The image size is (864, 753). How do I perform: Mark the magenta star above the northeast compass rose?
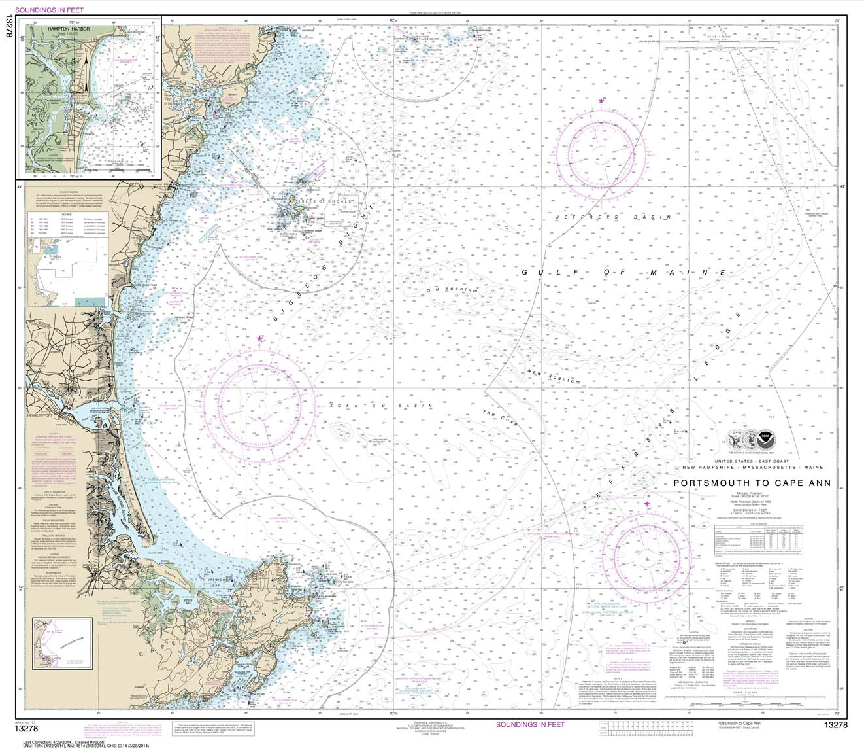tap(601, 101)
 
